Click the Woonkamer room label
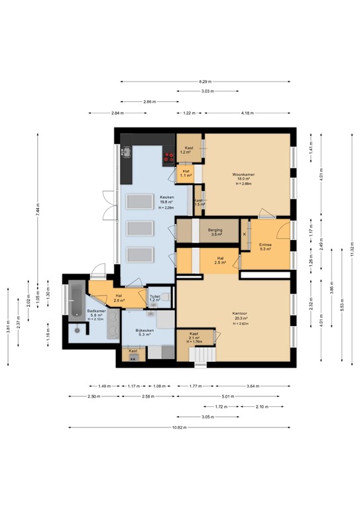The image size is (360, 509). pos(239,178)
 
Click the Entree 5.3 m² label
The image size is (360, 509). pos(265,247)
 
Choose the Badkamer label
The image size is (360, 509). pos(96,312)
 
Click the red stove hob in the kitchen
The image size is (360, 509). pos(169,157)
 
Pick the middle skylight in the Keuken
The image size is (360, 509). pos(140,229)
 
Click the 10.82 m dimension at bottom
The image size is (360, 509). pos(179,427)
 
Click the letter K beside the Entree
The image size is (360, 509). pos(245,234)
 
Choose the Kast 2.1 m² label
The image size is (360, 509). pos(194,337)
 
